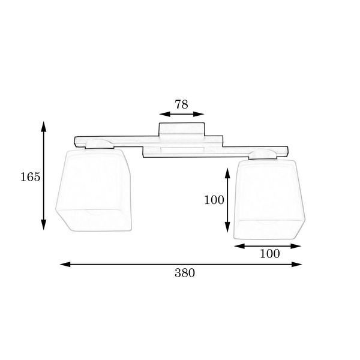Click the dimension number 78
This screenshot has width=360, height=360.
pyautogui.click(x=181, y=104)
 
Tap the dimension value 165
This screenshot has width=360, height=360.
pyautogui.click(x=31, y=177)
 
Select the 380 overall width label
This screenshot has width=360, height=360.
pyautogui.click(x=185, y=273)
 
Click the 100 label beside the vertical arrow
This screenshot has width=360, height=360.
pyautogui.click(x=214, y=200)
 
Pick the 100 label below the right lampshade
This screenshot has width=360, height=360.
pyautogui.click(x=270, y=254)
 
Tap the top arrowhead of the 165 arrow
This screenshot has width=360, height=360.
pyautogui.click(x=44, y=127)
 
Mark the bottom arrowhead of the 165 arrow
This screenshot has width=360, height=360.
pyautogui.click(x=44, y=224)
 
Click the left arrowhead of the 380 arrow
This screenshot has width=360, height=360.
pyautogui.click(x=65, y=264)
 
